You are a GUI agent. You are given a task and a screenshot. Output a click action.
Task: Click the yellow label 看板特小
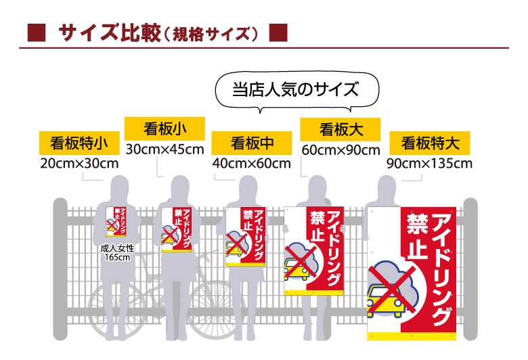click(81, 143)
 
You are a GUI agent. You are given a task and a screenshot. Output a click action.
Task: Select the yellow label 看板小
click(165, 128)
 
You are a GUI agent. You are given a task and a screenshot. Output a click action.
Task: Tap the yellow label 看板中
click(252, 143)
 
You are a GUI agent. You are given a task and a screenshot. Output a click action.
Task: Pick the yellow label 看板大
click(340, 128)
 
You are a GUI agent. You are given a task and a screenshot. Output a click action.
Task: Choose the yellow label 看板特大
click(430, 143)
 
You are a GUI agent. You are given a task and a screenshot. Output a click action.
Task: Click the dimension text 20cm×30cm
click(80, 163)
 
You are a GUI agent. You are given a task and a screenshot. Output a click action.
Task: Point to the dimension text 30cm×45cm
click(164, 149)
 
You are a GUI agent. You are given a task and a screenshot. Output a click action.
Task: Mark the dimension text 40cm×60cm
click(251, 163)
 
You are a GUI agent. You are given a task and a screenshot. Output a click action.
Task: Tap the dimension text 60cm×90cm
click(340, 149)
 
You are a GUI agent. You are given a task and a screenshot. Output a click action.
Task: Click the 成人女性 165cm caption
click(118, 252)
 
